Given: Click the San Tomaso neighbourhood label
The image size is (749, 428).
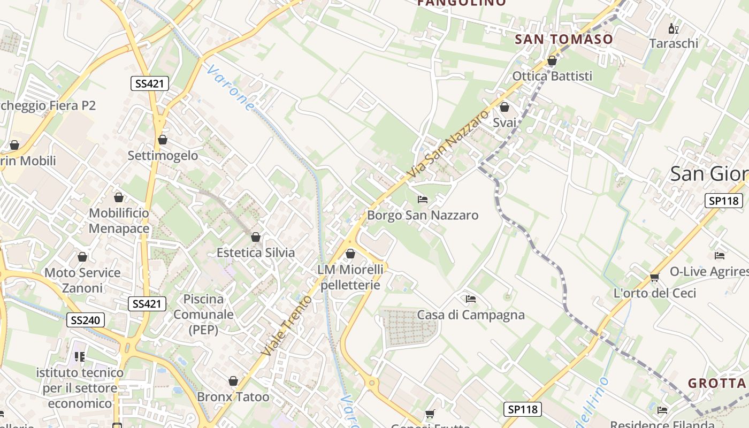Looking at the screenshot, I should pos(564,39).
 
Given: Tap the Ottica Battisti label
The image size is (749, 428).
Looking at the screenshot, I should pos(552,76).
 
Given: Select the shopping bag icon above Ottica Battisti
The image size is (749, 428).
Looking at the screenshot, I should pos(552,61).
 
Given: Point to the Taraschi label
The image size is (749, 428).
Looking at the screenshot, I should pos(674,43).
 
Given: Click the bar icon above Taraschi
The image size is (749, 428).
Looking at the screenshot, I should pos(674,28).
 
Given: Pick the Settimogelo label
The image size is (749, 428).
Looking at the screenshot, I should pos(163,156).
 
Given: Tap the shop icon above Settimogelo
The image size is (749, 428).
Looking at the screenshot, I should pos(163,140).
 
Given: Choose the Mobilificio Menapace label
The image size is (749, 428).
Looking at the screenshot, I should pos(119,221).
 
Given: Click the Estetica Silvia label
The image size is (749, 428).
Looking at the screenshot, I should pos(256,253).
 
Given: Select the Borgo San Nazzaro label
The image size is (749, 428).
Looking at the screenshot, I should pos(423,216).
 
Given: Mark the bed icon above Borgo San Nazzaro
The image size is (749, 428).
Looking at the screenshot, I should pos(423,200).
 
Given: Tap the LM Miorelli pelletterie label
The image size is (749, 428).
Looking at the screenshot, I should pos(350,277).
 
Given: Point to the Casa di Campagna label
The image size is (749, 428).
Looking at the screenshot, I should pos(471,315).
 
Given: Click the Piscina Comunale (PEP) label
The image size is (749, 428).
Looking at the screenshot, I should pos(203,315).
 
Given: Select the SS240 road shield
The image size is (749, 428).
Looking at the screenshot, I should pos(86,320).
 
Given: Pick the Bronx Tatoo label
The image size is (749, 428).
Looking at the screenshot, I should pos(233,397).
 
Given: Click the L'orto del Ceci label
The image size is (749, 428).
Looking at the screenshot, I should pos(654,293).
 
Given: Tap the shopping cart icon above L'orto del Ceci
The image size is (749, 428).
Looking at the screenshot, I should pos(654,277).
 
